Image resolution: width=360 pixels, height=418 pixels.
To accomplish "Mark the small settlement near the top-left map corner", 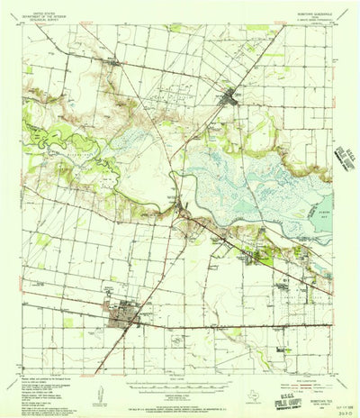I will [x=111, y=62].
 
